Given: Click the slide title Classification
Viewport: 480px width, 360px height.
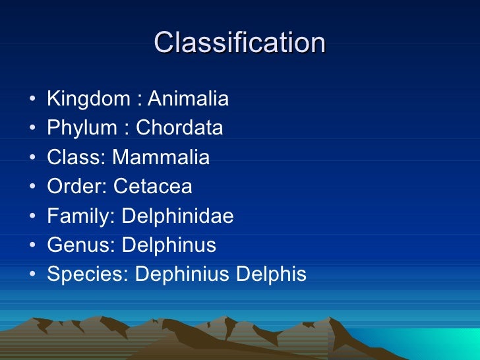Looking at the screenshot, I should (x=239, y=44).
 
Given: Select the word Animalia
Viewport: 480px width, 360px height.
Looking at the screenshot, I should (x=188, y=100).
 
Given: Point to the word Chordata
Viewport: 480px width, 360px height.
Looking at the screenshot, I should (x=179, y=128).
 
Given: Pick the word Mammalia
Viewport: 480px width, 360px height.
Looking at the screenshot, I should (x=161, y=158).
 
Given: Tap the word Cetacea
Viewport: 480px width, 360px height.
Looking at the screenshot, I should (x=153, y=187).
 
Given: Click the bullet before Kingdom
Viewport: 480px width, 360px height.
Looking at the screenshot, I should (x=32, y=101).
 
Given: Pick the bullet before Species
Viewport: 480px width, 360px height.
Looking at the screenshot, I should (x=32, y=275).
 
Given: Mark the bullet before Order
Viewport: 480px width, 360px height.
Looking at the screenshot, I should (x=32, y=188).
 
